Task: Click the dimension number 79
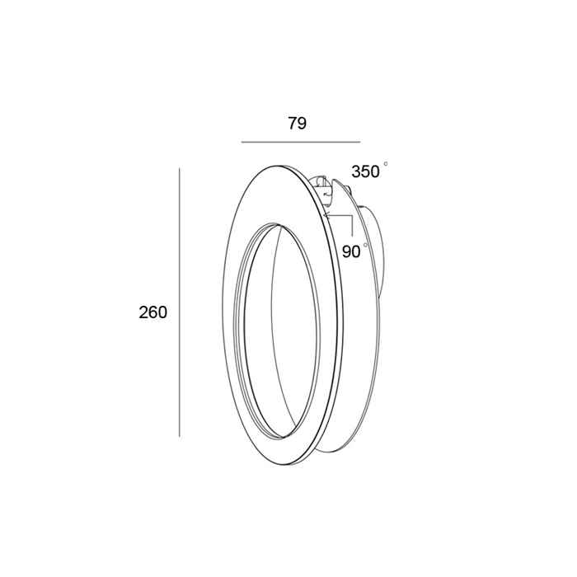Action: click(297, 124)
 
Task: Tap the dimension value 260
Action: click(152, 312)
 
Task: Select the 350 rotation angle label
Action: click(365, 171)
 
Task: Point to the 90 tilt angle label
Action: click(351, 251)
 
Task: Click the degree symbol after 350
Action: click(386, 163)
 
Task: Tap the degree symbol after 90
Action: click(365, 245)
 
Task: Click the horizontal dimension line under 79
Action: click(301, 142)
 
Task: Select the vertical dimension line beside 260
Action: click(179, 303)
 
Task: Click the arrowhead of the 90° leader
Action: click(326, 215)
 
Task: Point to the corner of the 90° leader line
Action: click(352, 216)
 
